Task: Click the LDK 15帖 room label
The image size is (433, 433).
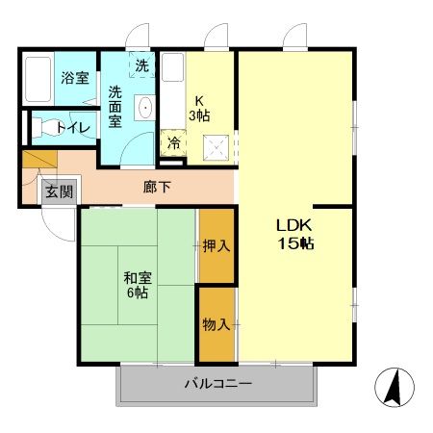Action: [294, 233]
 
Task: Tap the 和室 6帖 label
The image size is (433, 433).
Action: [136, 285]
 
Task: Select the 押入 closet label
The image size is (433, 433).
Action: [216, 245]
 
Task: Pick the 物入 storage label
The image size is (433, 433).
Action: [216, 325]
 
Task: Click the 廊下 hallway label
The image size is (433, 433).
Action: [157, 187]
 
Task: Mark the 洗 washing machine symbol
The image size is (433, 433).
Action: [141, 66]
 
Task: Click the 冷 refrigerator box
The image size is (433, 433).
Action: [174, 143]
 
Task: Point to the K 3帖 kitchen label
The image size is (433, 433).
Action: [201, 107]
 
